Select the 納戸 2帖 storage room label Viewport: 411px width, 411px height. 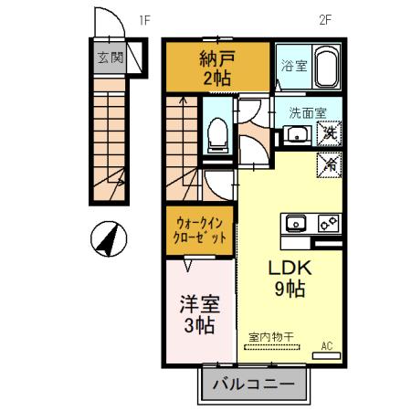point(218,68)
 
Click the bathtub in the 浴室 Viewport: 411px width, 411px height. point(326,67)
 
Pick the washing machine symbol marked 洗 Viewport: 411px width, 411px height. point(328,134)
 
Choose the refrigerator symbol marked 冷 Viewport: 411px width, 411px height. point(328,164)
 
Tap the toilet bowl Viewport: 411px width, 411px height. point(216,134)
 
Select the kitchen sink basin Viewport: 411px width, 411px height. point(297,223)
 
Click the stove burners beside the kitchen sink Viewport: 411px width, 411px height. point(328,223)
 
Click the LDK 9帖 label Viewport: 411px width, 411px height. point(290,279)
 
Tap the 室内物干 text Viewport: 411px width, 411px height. point(271,335)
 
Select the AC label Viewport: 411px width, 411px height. point(327,346)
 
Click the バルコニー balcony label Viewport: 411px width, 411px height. point(252,384)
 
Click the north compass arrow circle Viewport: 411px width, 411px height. point(109,241)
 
